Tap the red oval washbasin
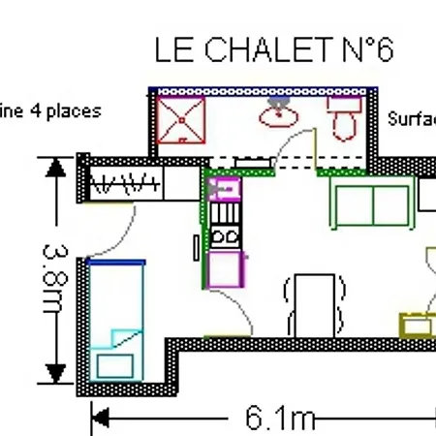pyautogui.click(x=278, y=116)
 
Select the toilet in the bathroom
pyautogui.click(x=343, y=118)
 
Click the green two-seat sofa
pyautogui.click(x=370, y=202)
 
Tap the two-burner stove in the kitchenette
pyautogui.click(x=225, y=234)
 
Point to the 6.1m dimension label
pyautogui.click(x=280, y=418)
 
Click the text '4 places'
pyautogui.click(x=67, y=110)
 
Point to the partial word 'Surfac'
pyautogui.click(x=411, y=120)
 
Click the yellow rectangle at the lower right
pyautogui.click(x=419, y=324)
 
